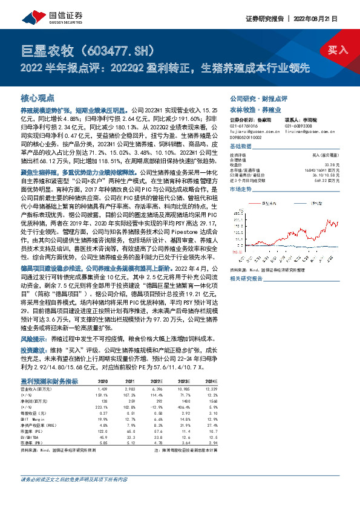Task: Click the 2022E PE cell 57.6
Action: pos(157,432)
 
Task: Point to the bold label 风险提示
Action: pos(34,340)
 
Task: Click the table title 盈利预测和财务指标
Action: pos(50,381)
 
